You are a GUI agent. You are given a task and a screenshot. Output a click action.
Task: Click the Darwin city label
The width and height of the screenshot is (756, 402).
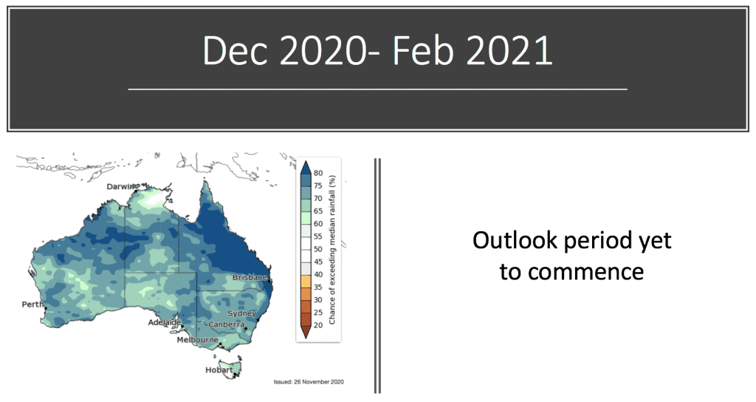click(x=120, y=187)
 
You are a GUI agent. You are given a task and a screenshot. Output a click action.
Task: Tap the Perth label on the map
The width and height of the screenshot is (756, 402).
click(x=32, y=304)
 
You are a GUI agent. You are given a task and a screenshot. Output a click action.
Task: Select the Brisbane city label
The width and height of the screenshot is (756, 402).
click(x=250, y=278)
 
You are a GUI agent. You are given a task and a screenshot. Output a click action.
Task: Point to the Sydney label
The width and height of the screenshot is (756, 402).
click(x=241, y=313)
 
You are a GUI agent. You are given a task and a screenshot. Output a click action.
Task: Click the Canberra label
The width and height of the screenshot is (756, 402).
click(x=226, y=325)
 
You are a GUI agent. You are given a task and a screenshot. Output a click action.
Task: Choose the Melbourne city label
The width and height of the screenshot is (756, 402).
click(x=198, y=340)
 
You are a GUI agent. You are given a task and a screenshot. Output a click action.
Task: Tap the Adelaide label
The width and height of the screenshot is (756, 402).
click(x=165, y=322)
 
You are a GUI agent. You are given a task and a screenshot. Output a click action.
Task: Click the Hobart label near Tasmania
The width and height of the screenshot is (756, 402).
click(x=219, y=370)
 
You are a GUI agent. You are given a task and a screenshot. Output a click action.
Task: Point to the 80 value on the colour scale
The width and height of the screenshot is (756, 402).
click(x=318, y=173)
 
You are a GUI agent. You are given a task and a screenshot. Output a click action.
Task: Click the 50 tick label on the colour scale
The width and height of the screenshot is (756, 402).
click(x=318, y=250)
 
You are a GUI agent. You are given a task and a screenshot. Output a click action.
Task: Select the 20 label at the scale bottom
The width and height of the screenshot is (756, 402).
click(x=318, y=325)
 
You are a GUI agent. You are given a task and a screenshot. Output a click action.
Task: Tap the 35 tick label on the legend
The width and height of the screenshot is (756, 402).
click(x=318, y=287)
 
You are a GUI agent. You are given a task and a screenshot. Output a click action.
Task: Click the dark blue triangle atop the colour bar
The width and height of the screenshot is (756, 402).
click(x=305, y=168)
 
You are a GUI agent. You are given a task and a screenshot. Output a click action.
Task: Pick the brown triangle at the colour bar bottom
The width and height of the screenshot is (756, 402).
click(x=305, y=332)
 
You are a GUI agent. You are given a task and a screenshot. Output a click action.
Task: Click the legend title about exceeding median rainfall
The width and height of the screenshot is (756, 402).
click(x=331, y=250)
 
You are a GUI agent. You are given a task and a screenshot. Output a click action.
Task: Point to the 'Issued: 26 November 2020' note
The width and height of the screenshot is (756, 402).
click(x=309, y=382)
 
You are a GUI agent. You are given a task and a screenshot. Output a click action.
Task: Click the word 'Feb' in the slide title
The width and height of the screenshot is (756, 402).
click(x=423, y=51)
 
